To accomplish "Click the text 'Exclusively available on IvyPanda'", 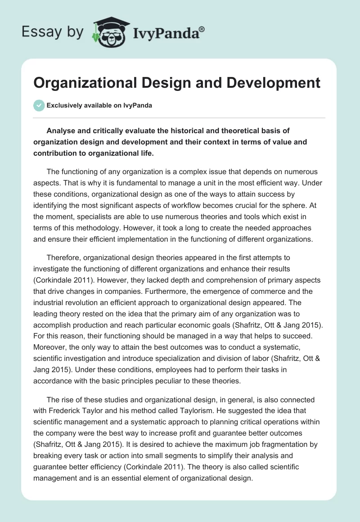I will pos(99,105).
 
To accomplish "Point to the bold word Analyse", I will pos(62,131).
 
